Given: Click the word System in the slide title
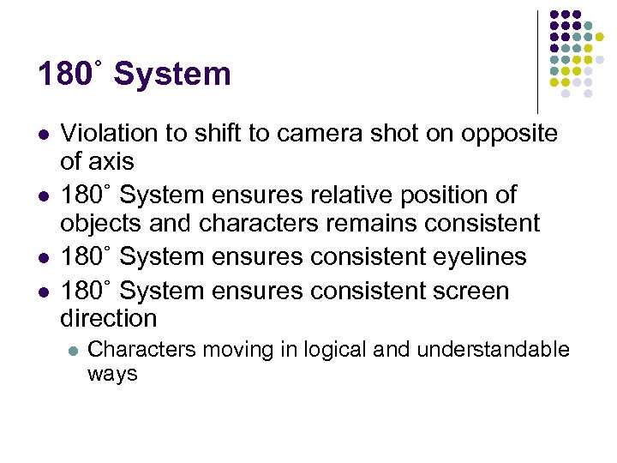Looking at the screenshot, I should tap(172, 74).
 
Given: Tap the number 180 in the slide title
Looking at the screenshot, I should tap(64, 74).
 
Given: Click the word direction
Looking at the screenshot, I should tap(108, 318).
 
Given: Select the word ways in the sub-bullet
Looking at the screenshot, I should tap(112, 374).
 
